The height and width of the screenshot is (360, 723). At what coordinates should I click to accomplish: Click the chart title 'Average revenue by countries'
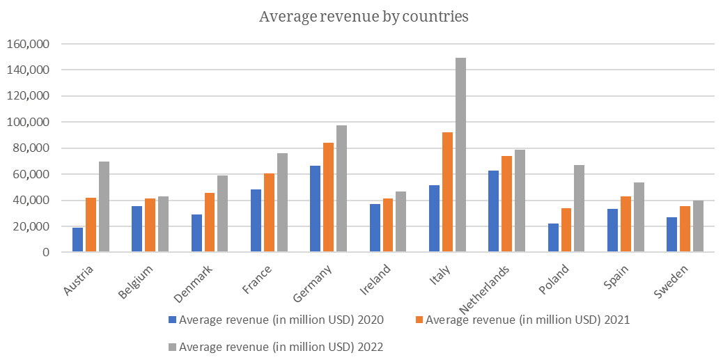pyautogui.click(x=364, y=17)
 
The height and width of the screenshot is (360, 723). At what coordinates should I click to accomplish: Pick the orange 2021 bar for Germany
pyautogui.click(x=329, y=198)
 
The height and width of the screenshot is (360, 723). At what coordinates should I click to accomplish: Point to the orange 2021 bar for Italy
pyautogui.click(x=448, y=192)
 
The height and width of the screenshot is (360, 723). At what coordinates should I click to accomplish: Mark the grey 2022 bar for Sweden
pyautogui.click(x=698, y=226)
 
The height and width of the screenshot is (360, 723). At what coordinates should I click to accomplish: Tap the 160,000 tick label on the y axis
pyautogui.click(x=28, y=44)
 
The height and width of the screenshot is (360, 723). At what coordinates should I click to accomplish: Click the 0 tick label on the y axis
pyautogui.click(x=45, y=253)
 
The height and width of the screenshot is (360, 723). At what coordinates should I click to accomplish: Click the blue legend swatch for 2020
pyautogui.click(x=173, y=320)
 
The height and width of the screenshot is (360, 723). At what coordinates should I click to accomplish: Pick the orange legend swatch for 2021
pyautogui.click(x=419, y=320)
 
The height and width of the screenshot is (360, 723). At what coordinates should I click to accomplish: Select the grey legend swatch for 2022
pyautogui.click(x=173, y=346)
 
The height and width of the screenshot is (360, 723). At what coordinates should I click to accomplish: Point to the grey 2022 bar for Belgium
pyautogui.click(x=164, y=224)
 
